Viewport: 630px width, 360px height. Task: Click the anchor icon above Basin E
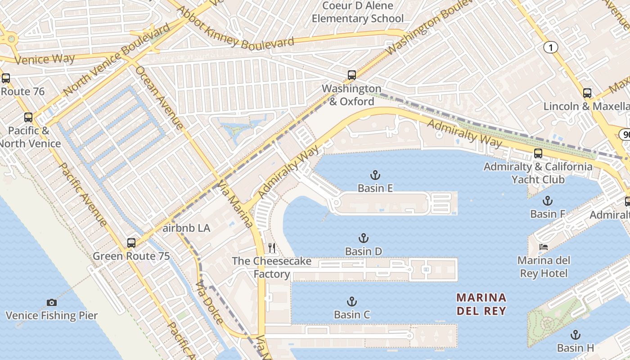(375, 175)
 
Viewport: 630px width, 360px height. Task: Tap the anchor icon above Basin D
(363, 238)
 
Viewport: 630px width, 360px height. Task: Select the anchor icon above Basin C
(351, 301)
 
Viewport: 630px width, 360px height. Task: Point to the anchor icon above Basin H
(575, 335)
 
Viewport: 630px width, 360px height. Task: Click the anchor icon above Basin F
(547, 201)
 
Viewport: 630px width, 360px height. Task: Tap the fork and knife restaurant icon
(272, 248)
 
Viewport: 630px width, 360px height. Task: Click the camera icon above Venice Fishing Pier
(52, 302)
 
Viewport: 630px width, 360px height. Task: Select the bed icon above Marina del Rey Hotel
(544, 247)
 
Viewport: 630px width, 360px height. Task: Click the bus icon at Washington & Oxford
(352, 75)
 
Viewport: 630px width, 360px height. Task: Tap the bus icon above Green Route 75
(131, 243)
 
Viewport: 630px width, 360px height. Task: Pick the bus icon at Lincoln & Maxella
(587, 93)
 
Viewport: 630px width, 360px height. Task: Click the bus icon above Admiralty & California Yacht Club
(538, 153)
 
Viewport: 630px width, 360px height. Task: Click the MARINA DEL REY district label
(481, 304)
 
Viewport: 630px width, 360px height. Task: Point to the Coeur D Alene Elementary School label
(358, 12)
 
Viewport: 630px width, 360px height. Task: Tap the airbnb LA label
(186, 228)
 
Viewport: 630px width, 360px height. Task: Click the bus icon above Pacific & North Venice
(28, 117)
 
